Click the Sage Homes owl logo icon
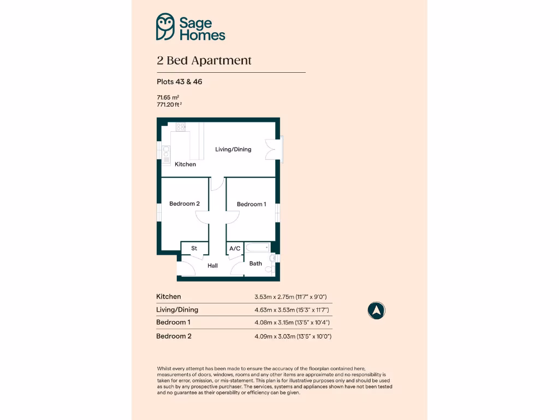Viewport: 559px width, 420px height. tap(165, 27)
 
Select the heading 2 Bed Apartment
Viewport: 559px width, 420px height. tap(204, 61)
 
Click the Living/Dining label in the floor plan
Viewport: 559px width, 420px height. tap(233, 149)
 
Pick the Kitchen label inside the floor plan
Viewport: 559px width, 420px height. tap(185, 164)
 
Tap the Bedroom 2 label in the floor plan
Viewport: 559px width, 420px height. tap(185, 203)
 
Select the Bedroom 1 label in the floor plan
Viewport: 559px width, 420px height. tap(252, 204)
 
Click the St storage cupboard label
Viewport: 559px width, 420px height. tap(194, 248)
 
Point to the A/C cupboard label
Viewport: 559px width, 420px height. tap(235, 248)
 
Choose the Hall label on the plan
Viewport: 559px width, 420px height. tap(212, 266)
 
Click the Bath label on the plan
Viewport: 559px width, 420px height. tap(255, 264)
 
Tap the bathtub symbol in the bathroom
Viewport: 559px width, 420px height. tap(257, 248)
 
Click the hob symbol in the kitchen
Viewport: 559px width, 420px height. tap(181, 127)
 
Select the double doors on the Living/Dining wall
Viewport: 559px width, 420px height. tap(271, 149)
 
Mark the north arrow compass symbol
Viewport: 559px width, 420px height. tap(376, 311)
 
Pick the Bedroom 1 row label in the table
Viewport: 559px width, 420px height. tap(173, 323)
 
